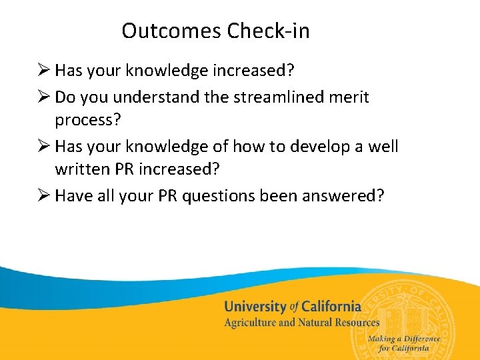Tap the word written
82,170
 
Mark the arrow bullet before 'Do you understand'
44,97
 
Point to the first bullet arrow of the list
44,70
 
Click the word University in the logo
254,307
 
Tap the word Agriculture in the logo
251,323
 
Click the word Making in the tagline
382,339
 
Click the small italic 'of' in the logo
293,307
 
